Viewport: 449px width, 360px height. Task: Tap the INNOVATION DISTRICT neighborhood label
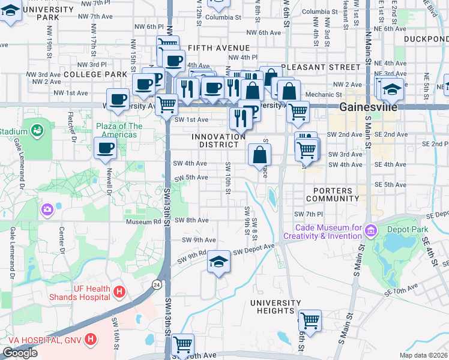[219, 141]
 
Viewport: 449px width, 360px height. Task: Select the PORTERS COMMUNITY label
[332, 194]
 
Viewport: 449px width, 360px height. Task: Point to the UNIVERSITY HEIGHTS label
[276, 307]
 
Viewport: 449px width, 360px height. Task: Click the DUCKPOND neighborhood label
[426, 38]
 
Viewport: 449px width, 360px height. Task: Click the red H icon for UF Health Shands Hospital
[120, 292]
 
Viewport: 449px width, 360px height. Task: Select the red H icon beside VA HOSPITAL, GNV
[91, 340]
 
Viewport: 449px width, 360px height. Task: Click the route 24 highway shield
[157, 284]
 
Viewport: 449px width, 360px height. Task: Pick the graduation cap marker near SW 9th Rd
[218, 262]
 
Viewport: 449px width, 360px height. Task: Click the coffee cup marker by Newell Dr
[106, 148]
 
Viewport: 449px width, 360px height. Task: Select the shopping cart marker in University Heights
[310, 320]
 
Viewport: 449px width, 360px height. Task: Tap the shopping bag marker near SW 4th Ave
[259, 155]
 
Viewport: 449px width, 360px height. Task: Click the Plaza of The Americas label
[119, 130]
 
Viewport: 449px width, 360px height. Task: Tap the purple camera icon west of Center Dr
[47, 209]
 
